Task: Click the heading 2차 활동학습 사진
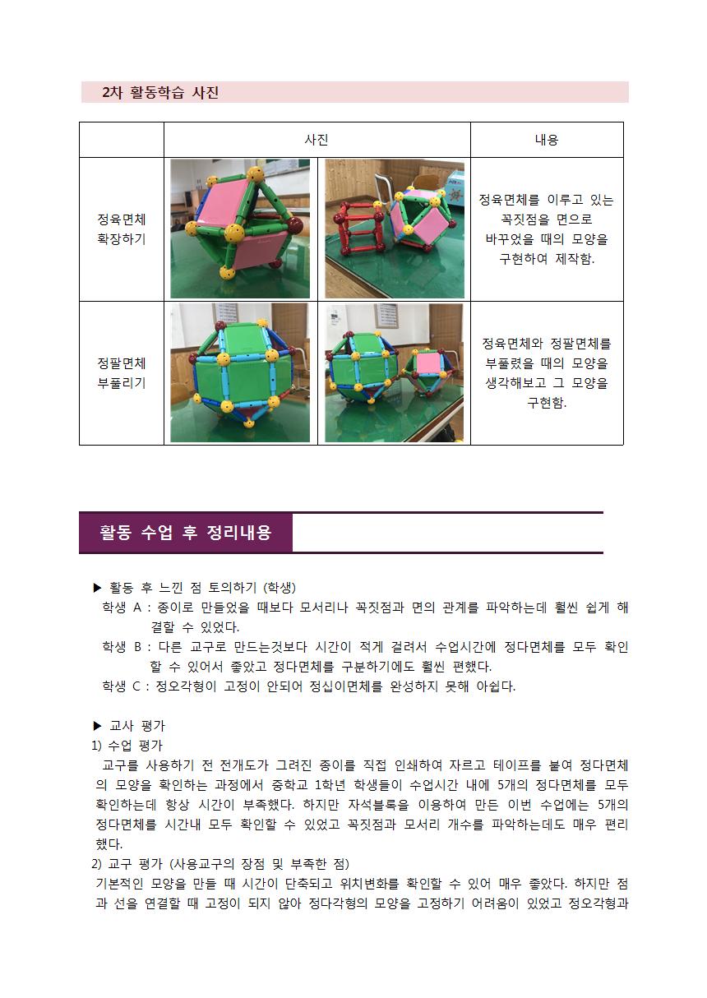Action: [x=160, y=92]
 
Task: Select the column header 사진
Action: [x=317, y=140]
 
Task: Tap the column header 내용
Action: [x=546, y=140]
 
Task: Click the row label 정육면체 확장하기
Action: [x=122, y=229]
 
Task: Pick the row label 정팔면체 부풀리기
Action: [x=122, y=373]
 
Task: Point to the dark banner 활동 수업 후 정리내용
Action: [x=185, y=533]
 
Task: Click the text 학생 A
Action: [x=122, y=608]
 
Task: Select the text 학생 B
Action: [x=122, y=647]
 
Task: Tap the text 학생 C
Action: [x=122, y=686]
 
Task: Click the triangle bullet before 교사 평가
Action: [x=98, y=726]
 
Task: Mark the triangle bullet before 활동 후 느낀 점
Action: [x=98, y=588]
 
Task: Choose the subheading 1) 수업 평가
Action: [x=127, y=746]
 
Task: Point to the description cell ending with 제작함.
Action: [x=546, y=229]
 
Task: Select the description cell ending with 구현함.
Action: [x=546, y=373]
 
